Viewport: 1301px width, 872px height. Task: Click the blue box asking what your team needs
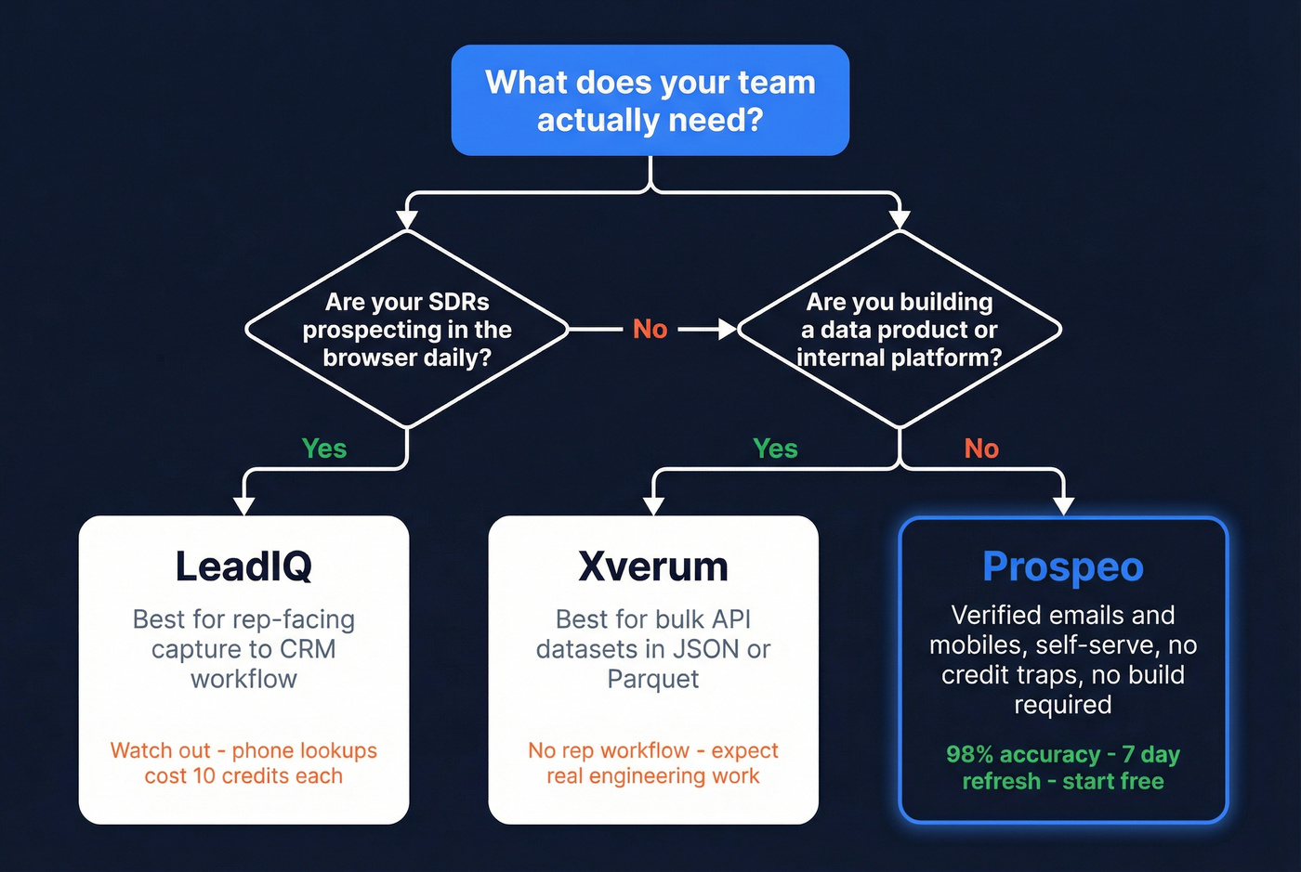coord(650,100)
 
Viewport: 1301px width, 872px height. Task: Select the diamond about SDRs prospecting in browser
coord(407,329)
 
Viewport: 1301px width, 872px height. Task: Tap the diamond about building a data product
coord(899,329)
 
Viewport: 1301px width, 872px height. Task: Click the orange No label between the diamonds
coord(650,329)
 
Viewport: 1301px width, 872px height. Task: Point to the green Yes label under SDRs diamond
coord(324,449)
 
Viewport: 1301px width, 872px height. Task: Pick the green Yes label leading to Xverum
coord(775,449)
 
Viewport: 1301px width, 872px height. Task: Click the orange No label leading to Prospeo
coord(981,449)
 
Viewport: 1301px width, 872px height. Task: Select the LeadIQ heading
coord(243,566)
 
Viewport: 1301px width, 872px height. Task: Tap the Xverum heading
coord(653,566)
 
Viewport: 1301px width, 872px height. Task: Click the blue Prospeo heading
coord(1063,566)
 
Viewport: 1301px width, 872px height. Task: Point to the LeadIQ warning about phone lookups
coord(243,762)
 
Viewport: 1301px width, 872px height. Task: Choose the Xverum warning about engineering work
coord(653,762)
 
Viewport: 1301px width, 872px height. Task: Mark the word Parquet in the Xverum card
coord(653,679)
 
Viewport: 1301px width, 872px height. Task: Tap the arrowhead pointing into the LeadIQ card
coord(243,505)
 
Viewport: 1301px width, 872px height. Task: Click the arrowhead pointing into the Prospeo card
coord(1063,505)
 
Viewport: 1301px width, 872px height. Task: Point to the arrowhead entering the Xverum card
coord(653,505)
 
